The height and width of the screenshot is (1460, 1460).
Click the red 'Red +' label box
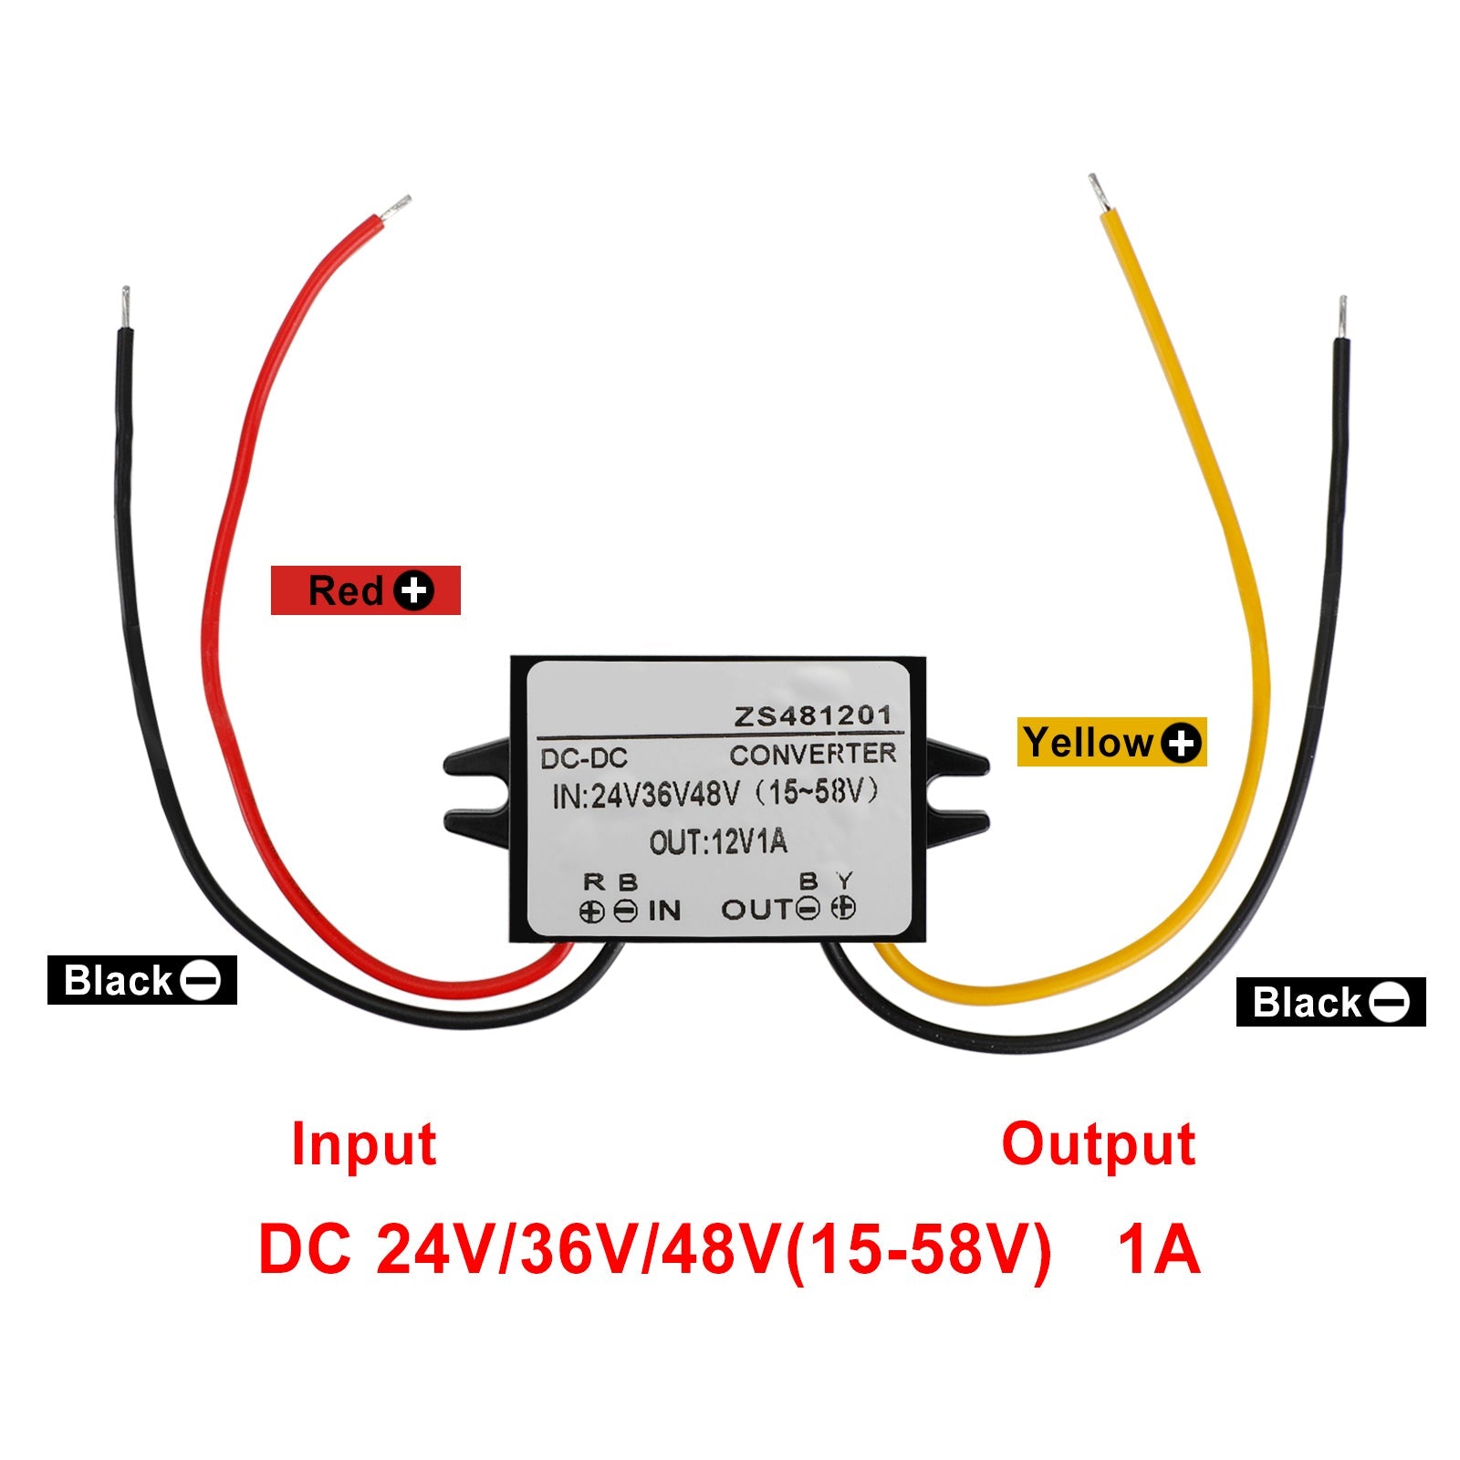pyautogui.click(x=365, y=590)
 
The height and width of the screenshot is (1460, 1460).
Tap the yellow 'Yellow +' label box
pyautogui.click(x=1111, y=742)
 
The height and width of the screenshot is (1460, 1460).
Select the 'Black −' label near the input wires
pyautogui.click(x=141, y=980)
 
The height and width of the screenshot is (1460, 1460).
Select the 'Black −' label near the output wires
pyautogui.click(x=1330, y=1002)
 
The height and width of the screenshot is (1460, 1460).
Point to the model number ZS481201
pyautogui.click(x=812, y=716)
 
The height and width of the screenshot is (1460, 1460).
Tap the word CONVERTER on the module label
pyautogui.click(x=812, y=755)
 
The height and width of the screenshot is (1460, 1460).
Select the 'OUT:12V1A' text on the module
pyautogui.click(x=718, y=841)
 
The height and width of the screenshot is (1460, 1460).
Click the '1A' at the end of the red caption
pyautogui.click(x=1158, y=1250)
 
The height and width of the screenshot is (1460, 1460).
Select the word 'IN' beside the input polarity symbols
pyautogui.click(x=664, y=910)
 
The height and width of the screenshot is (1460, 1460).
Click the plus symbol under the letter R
pyautogui.click(x=591, y=911)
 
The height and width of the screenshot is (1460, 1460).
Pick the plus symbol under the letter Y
pyautogui.click(x=845, y=908)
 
